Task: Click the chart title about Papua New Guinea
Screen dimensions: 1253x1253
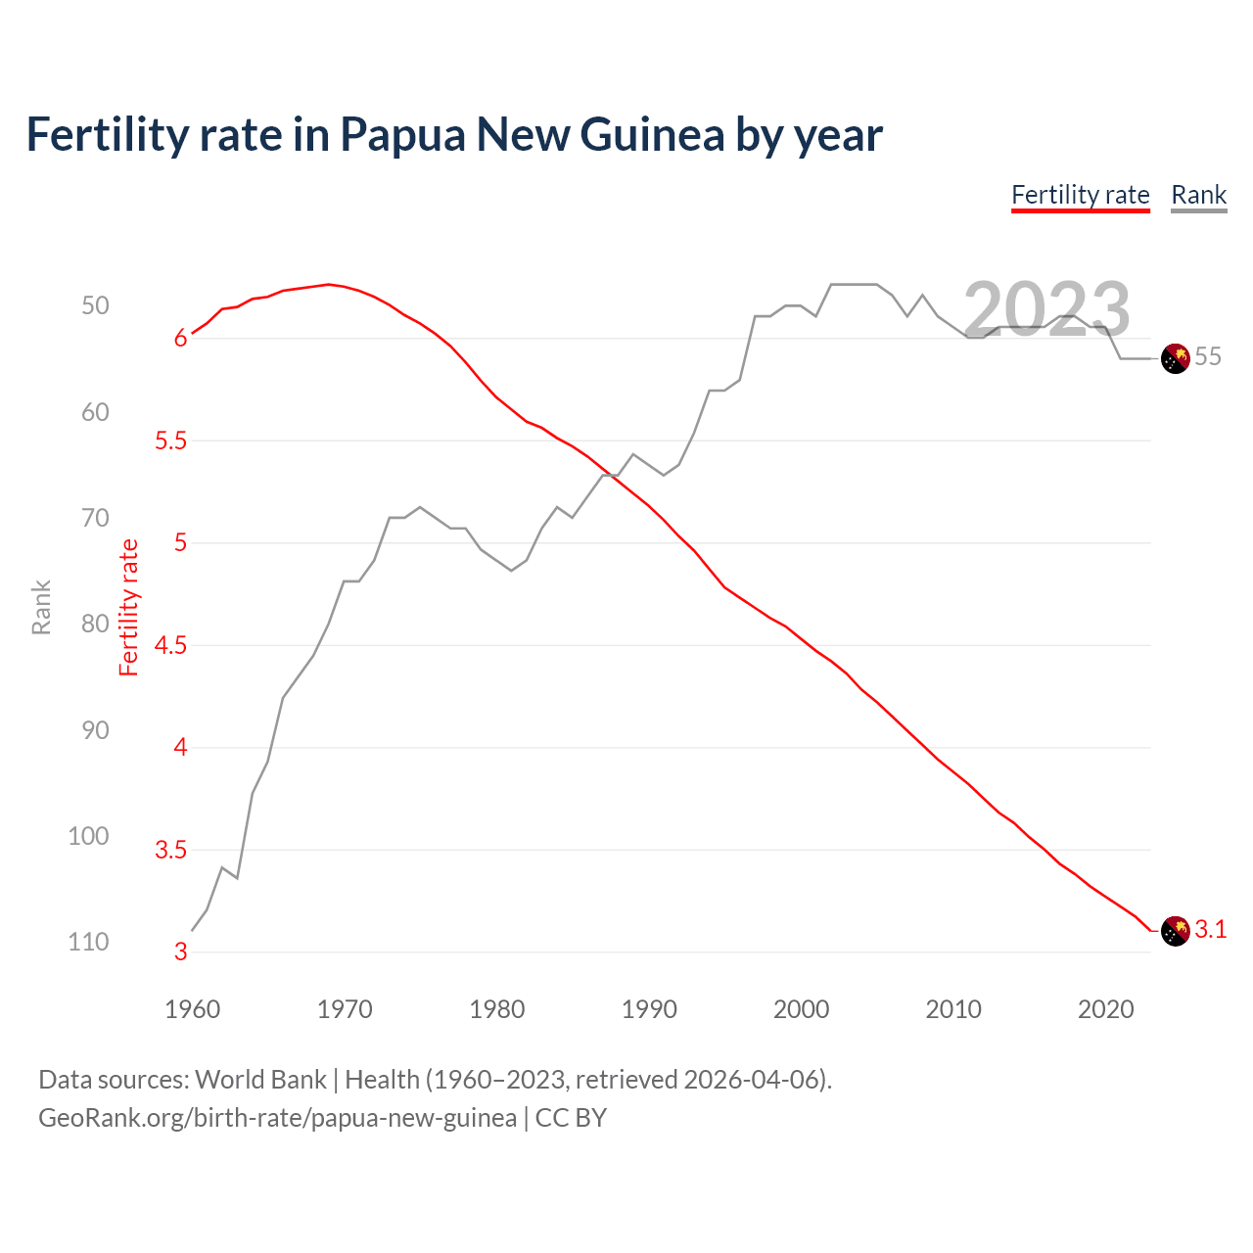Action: (454, 134)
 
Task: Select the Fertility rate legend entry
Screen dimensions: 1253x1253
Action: (1080, 195)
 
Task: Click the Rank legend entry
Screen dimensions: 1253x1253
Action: (1198, 195)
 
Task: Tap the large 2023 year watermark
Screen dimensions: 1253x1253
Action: (1046, 309)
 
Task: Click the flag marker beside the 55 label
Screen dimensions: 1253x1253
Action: (1175, 358)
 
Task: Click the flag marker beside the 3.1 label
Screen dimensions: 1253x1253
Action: (1175, 931)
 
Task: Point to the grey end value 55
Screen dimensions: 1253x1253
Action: (1208, 357)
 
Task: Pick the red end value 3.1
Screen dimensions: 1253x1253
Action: (1210, 930)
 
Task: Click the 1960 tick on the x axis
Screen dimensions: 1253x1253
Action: (192, 1009)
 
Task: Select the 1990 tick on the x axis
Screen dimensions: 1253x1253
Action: (649, 1009)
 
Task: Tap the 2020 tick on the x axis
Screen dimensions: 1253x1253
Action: (1105, 1009)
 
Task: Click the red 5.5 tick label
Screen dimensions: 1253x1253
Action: (170, 441)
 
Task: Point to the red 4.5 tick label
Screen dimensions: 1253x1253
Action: (170, 646)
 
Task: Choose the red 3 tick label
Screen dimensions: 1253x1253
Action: (180, 952)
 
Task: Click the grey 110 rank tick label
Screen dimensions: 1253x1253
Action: (88, 943)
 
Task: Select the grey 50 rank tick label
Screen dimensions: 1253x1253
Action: (95, 306)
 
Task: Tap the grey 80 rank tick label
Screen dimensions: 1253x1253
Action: (95, 625)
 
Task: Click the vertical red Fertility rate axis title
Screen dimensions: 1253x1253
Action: (128, 608)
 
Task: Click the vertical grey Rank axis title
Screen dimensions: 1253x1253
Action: (41, 608)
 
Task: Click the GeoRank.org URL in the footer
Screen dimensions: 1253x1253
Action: (277, 1118)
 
